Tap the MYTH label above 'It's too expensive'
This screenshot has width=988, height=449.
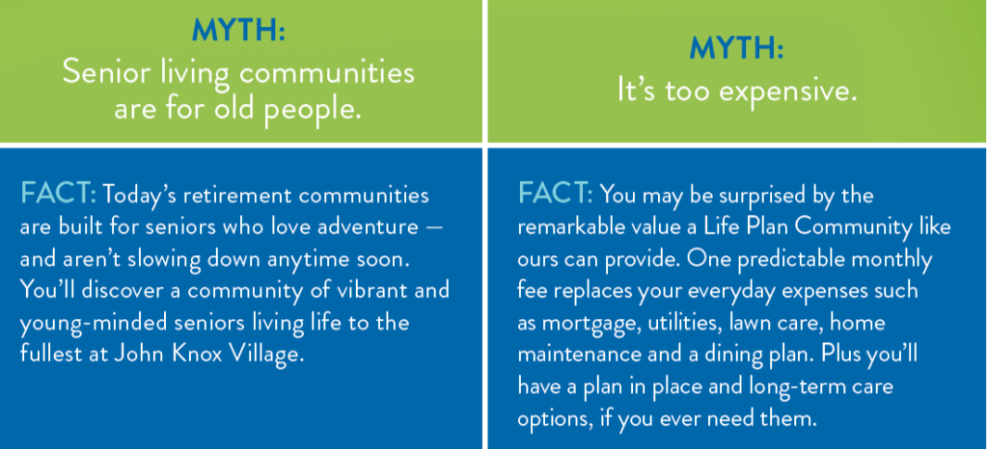(x=736, y=48)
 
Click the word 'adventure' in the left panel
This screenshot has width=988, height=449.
(x=363, y=227)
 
